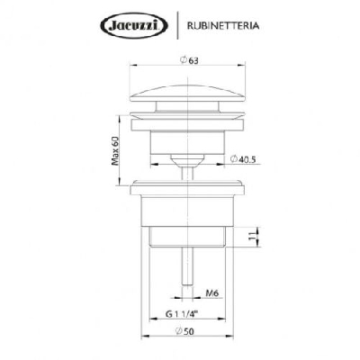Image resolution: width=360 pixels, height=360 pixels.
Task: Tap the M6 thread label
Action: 212,292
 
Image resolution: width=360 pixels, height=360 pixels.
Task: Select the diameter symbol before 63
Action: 182,59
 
